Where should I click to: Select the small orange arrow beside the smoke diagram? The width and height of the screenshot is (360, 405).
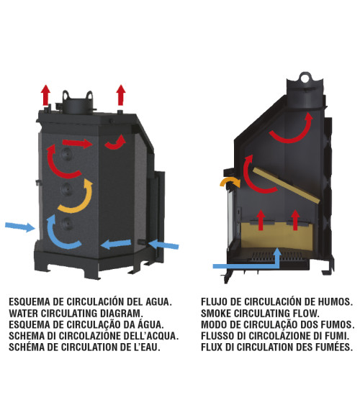(x=230, y=181)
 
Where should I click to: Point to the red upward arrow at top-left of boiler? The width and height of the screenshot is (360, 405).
(x=46, y=95)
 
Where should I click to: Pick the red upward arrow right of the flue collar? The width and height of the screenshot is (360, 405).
(x=121, y=95)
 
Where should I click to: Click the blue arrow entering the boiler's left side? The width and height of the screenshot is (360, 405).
(x=20, y=227)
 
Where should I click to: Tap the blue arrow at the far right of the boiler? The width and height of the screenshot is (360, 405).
(x=164, y=245)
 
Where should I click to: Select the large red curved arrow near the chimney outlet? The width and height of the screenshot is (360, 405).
(x=292, y=137)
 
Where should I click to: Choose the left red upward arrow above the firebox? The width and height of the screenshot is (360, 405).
(x=261, y=220)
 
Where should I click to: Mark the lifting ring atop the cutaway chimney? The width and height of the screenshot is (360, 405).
(x=306, y=77)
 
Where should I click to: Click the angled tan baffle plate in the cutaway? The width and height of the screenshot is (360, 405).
(x=286, y=185)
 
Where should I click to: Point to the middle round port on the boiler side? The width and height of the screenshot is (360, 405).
(x=67, y=189)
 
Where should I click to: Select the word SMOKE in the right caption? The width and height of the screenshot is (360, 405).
(x=216, y=314)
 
